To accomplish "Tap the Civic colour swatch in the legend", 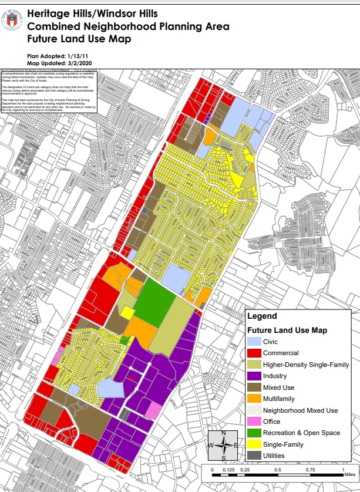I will [254, 342].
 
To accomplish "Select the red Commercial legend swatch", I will [254, 353].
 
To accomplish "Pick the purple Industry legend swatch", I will [254, 376].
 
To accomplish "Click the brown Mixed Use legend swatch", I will [254, 387].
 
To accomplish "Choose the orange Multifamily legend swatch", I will [254, 399].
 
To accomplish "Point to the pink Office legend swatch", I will [254, 421].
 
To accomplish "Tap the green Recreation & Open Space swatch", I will [254, 433].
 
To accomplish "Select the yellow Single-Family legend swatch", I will [254, 444].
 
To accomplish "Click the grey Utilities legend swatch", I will [254, 455].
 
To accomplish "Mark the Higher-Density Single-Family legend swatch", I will [254, 365].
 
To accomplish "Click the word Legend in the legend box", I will [261, 316].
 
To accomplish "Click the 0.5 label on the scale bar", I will [278, 470].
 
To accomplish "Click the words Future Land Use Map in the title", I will [79, 39].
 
